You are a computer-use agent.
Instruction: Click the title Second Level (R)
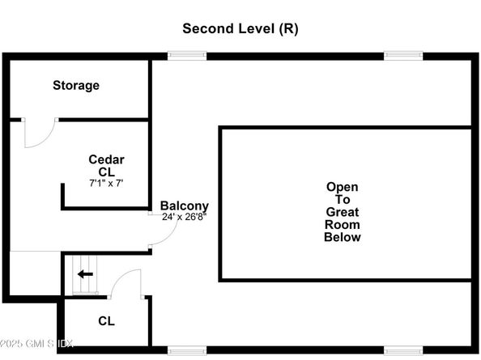[240, 29]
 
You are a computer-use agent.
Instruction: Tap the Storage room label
[76, 86]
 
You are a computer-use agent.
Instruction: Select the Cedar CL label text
[106, 166]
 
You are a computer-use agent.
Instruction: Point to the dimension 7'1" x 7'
[106, 183]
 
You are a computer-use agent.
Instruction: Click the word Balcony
[185, 206]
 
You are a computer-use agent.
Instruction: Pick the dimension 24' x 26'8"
[184, 217]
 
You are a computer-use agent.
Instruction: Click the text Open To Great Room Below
[343, 212]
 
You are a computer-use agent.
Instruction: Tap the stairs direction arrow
[85, 274]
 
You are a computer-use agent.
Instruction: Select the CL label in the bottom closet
[106, 321]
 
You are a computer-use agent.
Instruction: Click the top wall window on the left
[187, 56]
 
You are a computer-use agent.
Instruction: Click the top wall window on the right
[403, 56]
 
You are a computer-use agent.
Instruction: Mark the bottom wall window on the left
[187, 350]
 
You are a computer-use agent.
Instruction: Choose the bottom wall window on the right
[403, 350]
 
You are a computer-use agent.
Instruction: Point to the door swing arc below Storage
[47, 139]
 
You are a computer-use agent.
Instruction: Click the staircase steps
[85, 274]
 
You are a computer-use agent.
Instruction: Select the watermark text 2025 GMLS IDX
[36, 344]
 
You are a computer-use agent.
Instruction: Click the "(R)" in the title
[288, 29]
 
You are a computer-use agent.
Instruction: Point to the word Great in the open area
[343, 212]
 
